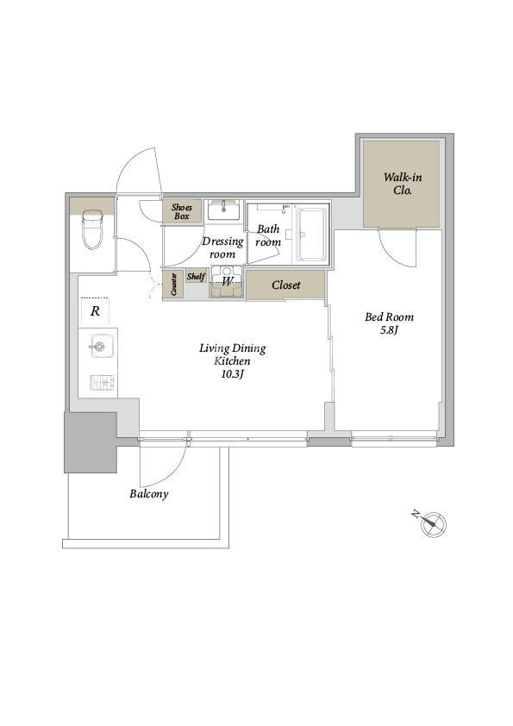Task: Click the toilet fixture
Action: click(91, 229)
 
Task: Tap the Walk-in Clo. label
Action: click(403, 184)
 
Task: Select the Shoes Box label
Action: click(182, 211)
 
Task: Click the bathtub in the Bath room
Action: click(310, 235)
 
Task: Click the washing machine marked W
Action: click(227, 281)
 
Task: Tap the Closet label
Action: click(286, 285)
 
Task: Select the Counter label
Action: click(173, 285)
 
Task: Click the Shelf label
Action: click(196, 277)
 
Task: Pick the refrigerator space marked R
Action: click(95, 311)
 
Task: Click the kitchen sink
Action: click(98, 346)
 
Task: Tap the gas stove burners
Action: click(103, 382)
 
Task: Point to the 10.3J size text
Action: click(232, 374)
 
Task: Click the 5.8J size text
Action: click(389, 330)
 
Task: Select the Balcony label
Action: click(148, 494)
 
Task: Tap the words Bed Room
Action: click(389, 317)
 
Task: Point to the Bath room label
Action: click(268, 235)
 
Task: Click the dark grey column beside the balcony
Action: click(91, 442)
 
